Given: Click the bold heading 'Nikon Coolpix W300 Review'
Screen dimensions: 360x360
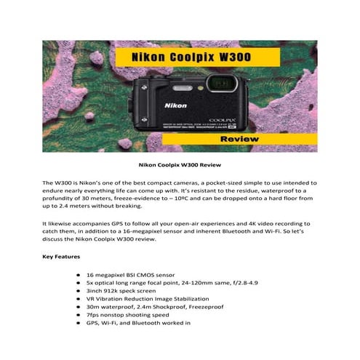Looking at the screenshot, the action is pyautogui.click(x=179, y=165).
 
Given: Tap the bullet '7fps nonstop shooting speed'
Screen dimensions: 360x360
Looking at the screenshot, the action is pyautogui.click(x=127, y=314).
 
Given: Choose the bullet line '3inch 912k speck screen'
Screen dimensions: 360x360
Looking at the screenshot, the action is pyautogui.click(x=121, y=291).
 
